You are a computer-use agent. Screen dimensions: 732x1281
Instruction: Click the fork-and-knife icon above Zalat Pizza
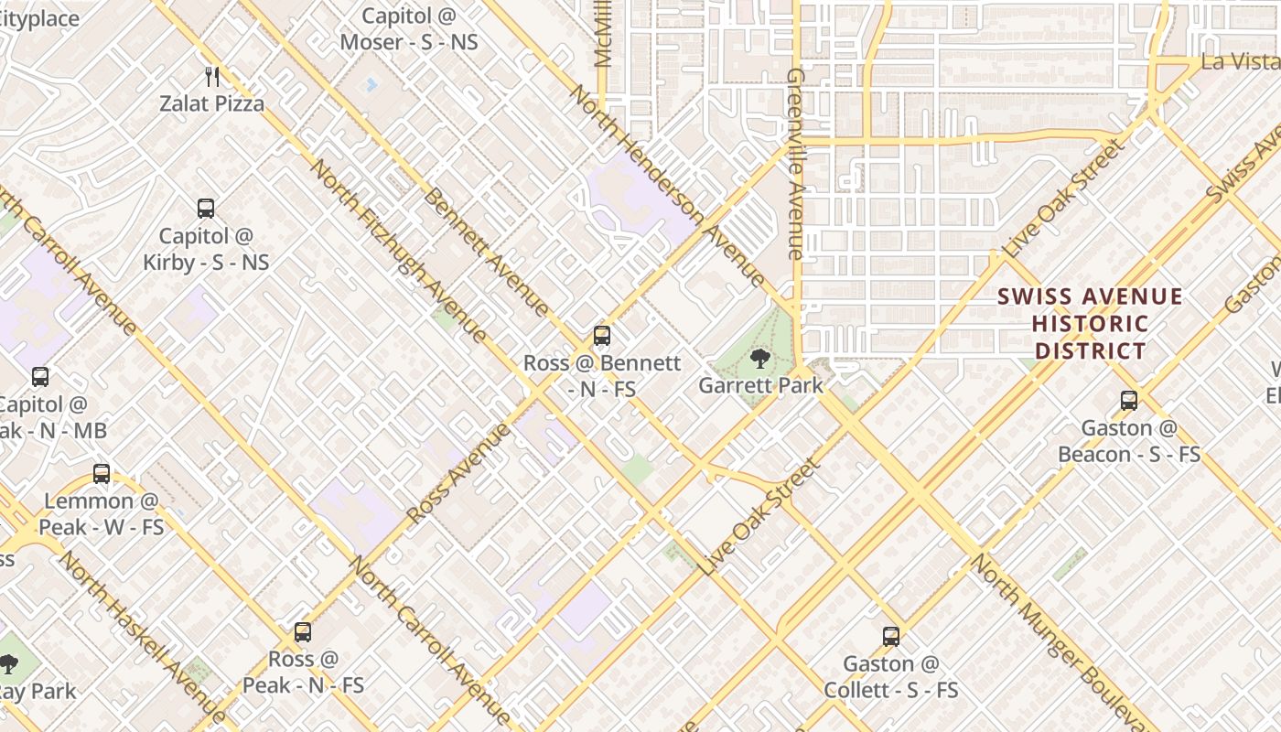pyautogui.click(x=212, y=77)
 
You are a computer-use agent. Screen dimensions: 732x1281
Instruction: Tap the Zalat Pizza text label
pyautogui.click(x=212, y=103)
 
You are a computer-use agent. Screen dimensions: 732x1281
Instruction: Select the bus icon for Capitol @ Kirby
pyautogui.click(x=206, y=209)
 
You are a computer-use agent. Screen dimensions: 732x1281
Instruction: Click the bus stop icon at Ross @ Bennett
pyautogui.click(x=601, y=336)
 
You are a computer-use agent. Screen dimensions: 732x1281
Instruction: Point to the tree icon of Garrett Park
pyautogui.click(x=759, y=358)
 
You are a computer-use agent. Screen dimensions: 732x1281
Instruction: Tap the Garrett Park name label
pyautogui.click(x=760, y=385)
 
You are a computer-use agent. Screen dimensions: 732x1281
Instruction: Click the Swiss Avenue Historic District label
pyautogui.click(x=1090, y=324)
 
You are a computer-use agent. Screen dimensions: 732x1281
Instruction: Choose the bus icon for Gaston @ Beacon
pyautogui.click(x=1129, y=401)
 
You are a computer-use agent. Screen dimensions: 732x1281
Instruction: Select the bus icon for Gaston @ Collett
pyautogui.click(x=891, y=637)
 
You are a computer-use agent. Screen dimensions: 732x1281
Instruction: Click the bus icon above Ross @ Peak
pyautogui.click(x=303, y=632)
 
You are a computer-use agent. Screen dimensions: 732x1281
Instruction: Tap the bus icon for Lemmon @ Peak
pyautogui.click(x=102, y=474)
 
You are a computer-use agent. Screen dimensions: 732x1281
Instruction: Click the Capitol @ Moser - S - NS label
pyautogui.click(x=409, y=29)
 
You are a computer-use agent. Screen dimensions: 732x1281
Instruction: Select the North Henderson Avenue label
pyautogui.click(x=666, y=184)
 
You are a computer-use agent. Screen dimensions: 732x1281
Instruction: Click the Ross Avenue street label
pyautogui.click(x=457, y=473)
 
